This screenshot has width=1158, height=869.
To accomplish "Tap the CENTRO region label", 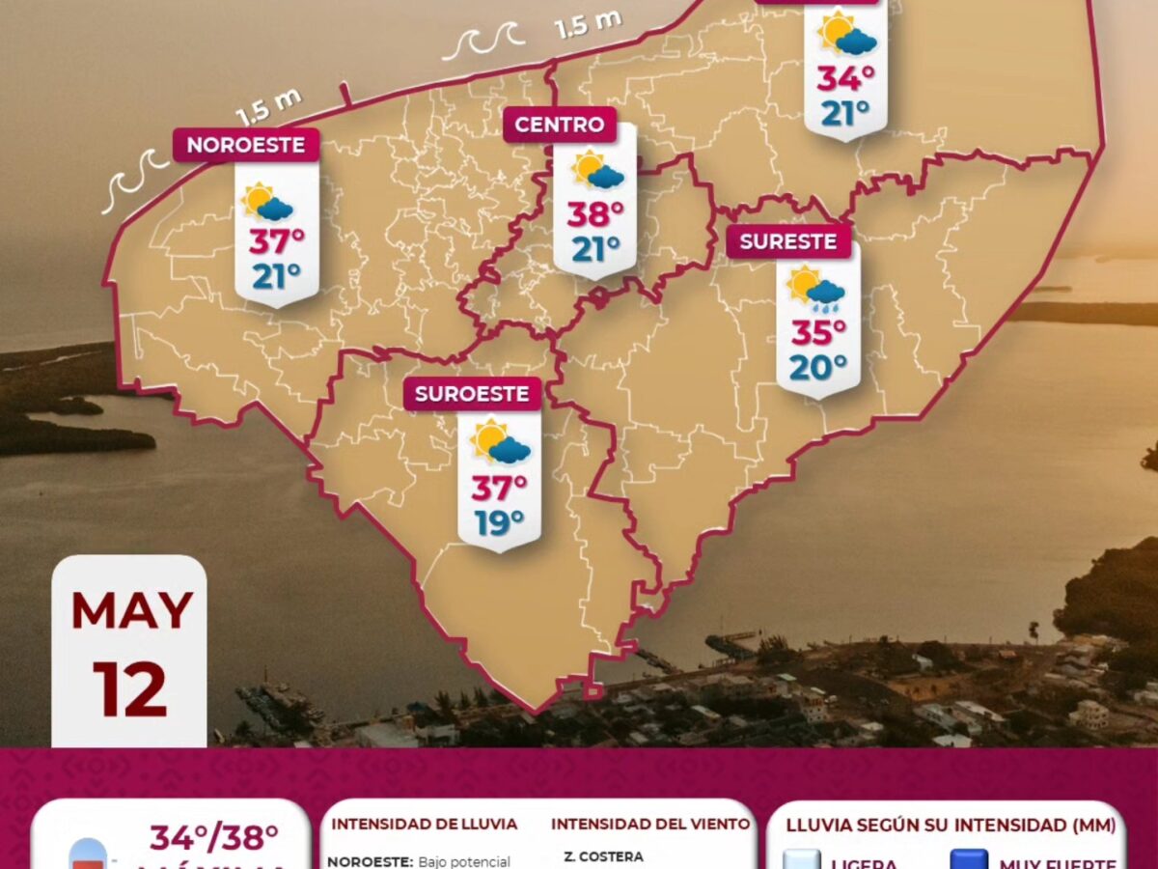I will pyautogui.click(x=560, y=125).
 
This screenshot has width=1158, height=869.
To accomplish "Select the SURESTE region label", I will pyautogui.click(x=788, y=241).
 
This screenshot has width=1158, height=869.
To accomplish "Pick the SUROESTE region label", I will pyautogui.click(x=472, y=394).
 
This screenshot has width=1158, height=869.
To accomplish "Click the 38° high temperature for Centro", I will pyautogui.click(x=595, y=213).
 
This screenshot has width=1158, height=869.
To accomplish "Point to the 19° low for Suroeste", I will pyautogui.click(x=499, y=522).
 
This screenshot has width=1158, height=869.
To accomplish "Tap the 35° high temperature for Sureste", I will pyautogui.click(x=818, y=332).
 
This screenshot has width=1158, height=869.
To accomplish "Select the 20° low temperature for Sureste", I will pyautogui.click(x=818, y=368).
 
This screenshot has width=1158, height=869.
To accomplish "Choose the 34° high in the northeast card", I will pyautogui.click(x=846, y=78).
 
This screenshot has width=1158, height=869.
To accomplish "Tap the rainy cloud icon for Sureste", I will pyautogui.click(x=816, y=289).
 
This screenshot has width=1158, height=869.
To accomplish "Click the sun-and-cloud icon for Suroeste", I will pyautogui.click(x=500, y=442).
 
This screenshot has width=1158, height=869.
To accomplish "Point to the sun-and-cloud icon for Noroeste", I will pyautogui.click(x=267, y=202).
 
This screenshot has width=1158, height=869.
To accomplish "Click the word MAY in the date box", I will pyautogui.click(x=131, y=610).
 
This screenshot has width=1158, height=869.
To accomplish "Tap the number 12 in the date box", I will pyautogui.click(x=130, y=687).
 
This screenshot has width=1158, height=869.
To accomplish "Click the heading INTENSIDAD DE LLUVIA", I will pyautogui.click(x=425, y=825).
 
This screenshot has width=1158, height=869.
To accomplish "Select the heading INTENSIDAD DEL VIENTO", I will pyautogui.click(x=650, y=825).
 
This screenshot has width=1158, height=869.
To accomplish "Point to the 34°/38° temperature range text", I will pyautogui.click(x=213, y=838).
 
